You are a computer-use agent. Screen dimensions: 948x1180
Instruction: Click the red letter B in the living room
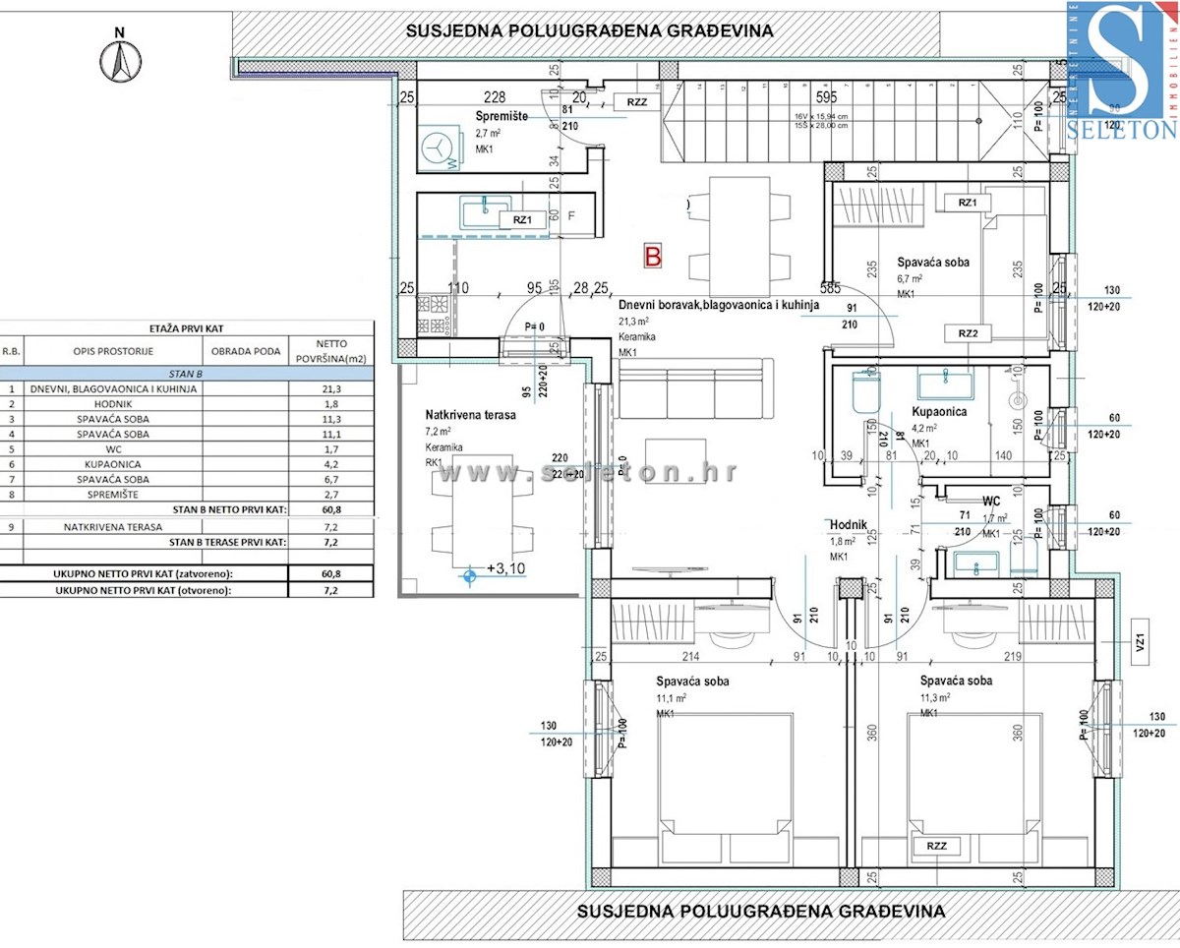[x=653, y=256]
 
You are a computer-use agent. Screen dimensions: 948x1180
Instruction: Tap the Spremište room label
[x=501, y=116]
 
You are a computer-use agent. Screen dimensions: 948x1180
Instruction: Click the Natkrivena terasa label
[x=470, y=414]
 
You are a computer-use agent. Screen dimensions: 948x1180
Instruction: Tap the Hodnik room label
[x=849, y=525]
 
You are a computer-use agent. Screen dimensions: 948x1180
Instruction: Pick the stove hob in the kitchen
[x=434, y=312]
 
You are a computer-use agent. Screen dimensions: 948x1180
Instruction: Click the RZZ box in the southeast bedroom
[x=935, y=845]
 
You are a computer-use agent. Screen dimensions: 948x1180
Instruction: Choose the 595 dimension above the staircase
[x=826, y=97]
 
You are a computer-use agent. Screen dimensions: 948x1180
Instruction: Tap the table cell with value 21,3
[x=330, y=388]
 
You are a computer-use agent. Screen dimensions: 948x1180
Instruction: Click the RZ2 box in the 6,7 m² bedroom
[x=967, y=333]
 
